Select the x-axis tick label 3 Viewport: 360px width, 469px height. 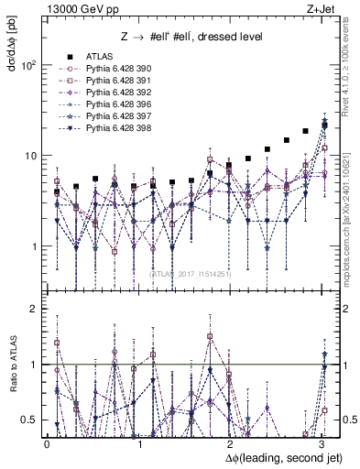click(322, 444)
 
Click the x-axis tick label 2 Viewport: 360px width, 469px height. click(230, 444)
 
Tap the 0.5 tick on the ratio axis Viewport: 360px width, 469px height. click(31, 420)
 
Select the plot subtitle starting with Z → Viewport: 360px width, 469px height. click(192, 38)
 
